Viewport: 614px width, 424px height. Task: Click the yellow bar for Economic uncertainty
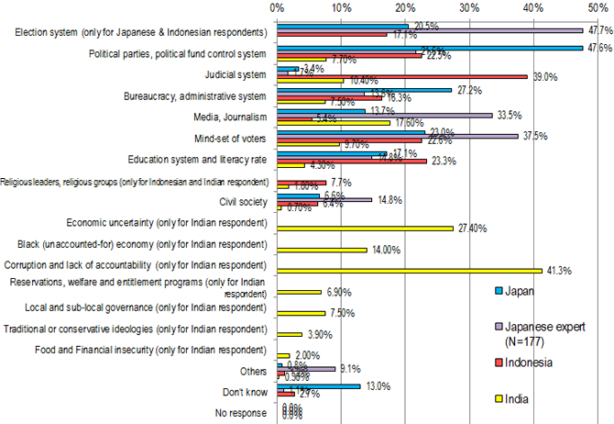pos(365,227)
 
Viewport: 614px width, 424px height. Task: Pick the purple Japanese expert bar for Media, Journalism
pos(384,116)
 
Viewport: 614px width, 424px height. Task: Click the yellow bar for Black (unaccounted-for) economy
pos(322,249)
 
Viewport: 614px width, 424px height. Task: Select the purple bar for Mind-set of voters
pos(397,137)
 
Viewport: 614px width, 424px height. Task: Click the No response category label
pos(240,412)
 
